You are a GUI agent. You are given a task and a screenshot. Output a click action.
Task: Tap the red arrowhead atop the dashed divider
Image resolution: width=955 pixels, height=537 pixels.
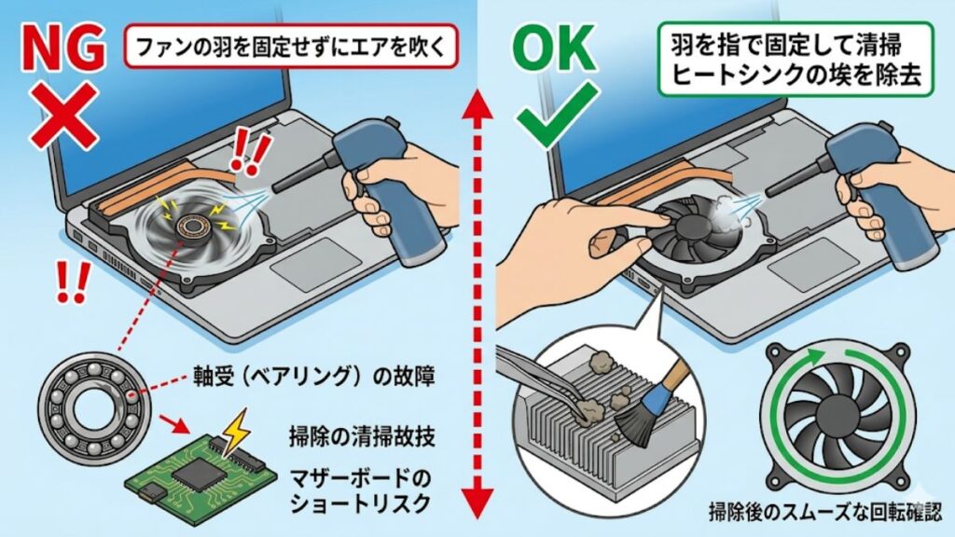[477, 103]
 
